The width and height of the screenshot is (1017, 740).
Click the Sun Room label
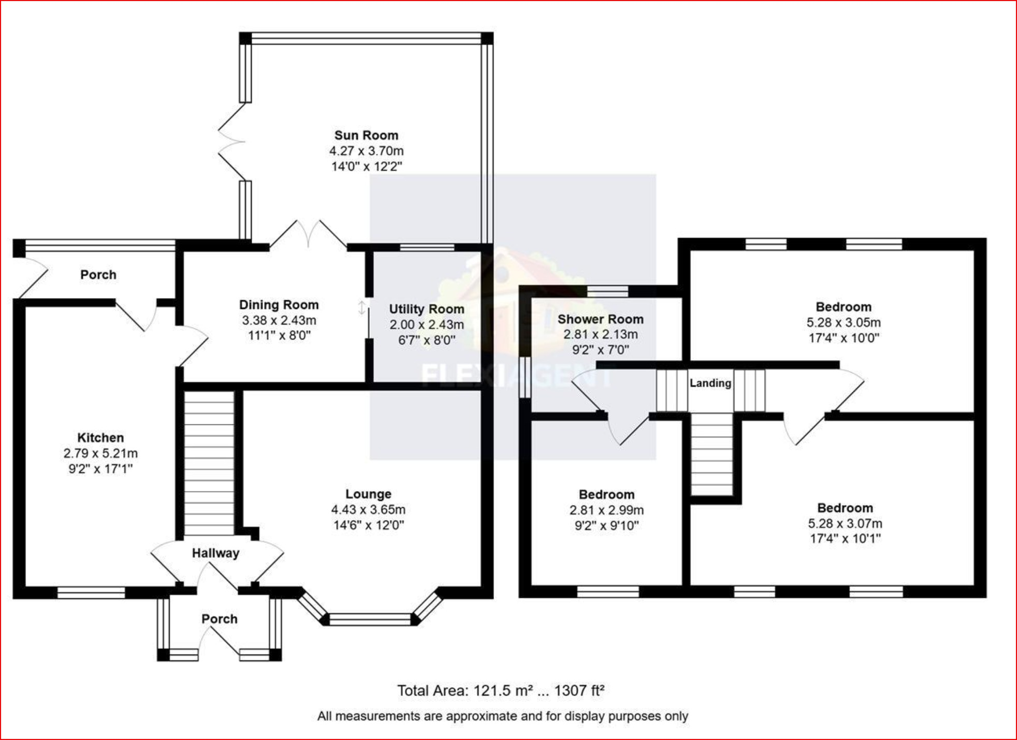(x=366, y=136)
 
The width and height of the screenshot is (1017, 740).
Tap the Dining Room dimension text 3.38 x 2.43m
(x=279, y=320)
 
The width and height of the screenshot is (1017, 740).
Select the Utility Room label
(x=426, y=309)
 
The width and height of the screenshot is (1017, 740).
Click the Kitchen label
(x=100, y=438)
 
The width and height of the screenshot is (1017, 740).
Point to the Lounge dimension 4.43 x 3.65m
(x=368, y=510)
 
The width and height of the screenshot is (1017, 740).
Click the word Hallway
(x=215, y=553)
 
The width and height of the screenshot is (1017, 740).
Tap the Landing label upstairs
(x=710, y=383)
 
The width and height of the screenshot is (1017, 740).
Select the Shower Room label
(x=600, y=319)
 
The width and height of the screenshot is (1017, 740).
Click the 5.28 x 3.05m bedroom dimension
(x=843, y=322)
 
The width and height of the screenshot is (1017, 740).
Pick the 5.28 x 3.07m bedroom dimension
(x=845, y=523)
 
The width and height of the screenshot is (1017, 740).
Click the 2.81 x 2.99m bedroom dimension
(x=606, y=510)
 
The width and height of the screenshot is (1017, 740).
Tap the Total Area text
(x=500, y=690)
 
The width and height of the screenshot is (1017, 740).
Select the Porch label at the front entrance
(x=219, y=619)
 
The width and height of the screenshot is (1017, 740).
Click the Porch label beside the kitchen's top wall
(x=98, y=275)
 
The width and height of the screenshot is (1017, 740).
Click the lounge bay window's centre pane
(x=370, y=618)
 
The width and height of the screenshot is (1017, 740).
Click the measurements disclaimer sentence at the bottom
(x=502, y=716)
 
